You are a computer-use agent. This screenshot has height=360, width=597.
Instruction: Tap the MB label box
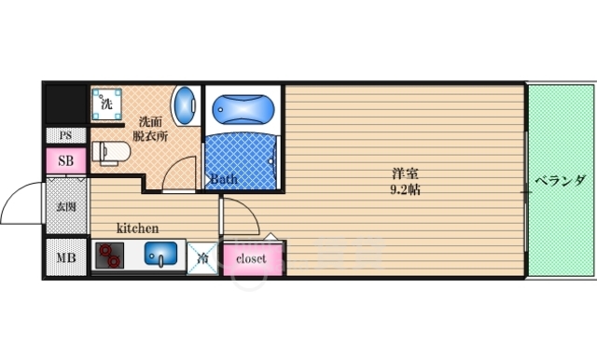point(65,257)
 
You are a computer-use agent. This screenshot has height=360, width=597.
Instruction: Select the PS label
point(65,135)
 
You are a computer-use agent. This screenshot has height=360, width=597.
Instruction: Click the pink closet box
point(250,258)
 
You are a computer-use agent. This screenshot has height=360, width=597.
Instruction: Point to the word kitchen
point(137,228)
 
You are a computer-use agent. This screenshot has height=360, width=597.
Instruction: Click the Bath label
point(223,179)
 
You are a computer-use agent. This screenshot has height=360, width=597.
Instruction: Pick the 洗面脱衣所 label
point(150,128)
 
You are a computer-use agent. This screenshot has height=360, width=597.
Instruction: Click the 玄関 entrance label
point(65,207)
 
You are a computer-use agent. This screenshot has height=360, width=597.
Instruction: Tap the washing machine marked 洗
point(106,104)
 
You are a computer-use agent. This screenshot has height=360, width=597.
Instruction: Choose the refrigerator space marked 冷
point(202,258)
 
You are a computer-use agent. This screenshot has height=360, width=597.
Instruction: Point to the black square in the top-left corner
point(65,103)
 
